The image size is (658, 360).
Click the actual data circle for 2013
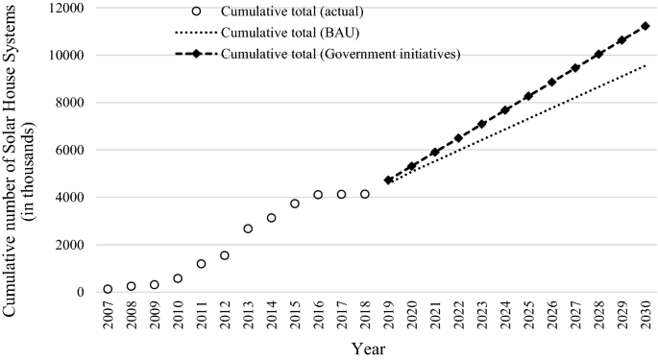[248, 228]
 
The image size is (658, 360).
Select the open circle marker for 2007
[108, 289]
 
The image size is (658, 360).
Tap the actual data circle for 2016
[318, 195]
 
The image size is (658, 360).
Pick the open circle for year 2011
[201, 264]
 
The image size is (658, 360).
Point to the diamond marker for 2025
[527, 96]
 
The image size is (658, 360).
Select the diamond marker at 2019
[388, 180]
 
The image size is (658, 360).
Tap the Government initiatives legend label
[341, 53]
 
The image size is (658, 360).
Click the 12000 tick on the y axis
[67, 9]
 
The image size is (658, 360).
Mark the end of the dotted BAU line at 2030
[645, 65]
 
